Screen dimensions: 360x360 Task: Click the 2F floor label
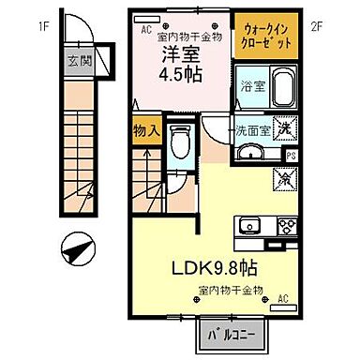[317, 24]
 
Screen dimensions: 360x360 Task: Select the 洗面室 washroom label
[253, 131]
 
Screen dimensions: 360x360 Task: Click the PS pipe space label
[290, 155]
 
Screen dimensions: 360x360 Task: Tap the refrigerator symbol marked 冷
[282, 177]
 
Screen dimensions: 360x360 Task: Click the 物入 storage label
[144, 130]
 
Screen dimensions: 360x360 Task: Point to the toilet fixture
[184, 141]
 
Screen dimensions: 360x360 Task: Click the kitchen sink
[250, 224]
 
